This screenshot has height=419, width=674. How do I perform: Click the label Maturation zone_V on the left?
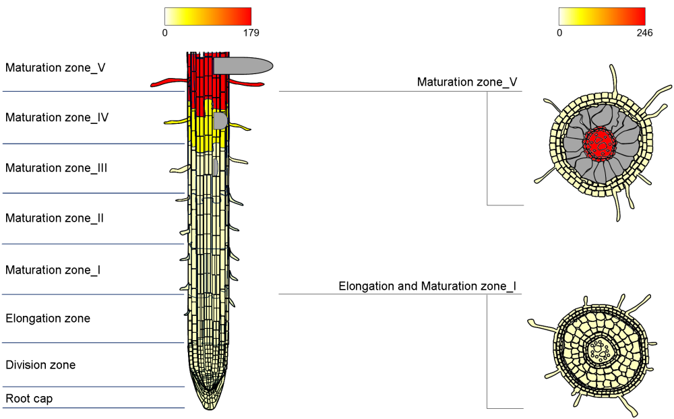pyautogui.click(x=55, y=67)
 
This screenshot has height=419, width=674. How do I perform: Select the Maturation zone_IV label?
pyautogui.click(x=57, y=117)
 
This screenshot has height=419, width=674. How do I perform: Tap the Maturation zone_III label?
pyautogui.click(x=57, y=168)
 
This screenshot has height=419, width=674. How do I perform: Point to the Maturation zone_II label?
pyautogui.click(x=55, y=218)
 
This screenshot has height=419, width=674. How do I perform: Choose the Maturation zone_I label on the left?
pyautogui.click(x=53, y=270)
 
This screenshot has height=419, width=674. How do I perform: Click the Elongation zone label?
pyautogui.click(x=48, y=318)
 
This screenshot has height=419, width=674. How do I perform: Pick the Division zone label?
pyautogui.click(x=40, y=365)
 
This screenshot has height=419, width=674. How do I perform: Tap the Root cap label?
pyautogui.click(x=29, y=399)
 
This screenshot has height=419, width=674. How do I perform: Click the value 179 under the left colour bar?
pyautogui.click(x=250, y=32)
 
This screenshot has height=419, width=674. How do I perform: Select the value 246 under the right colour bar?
pyautogui.click(x=644, y=32)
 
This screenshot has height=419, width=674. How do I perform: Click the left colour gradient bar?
pyautogui.click(x=208, y=16)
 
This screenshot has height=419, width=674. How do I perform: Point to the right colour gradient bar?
pyautogui.click(x=601, y=16)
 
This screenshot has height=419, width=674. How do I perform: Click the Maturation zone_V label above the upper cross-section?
pyautogui.click(x=467, y=82)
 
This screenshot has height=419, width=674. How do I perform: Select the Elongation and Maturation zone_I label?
pyautogui.click(x=427, y=286)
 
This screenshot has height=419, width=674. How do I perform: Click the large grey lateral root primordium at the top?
pyautogui.click(x=243, y=65)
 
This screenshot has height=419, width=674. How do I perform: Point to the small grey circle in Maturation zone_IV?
pyautogui.click(x=220, y=121)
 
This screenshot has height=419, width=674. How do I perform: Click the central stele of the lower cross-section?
pyautogui.click(x=598, y=350)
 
